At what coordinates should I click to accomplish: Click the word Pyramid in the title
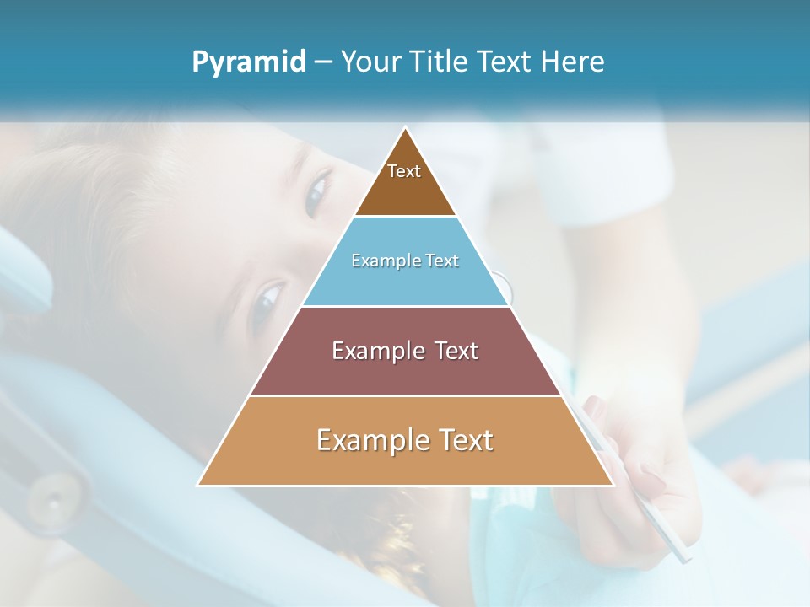[x=249, y=62]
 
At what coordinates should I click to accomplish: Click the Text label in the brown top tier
[x=404, y=171]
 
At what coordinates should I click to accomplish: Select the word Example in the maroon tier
[x=374, y=351]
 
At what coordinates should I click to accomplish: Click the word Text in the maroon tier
[x=456, y=351]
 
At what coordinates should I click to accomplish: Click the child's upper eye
[x=318, y=191]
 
